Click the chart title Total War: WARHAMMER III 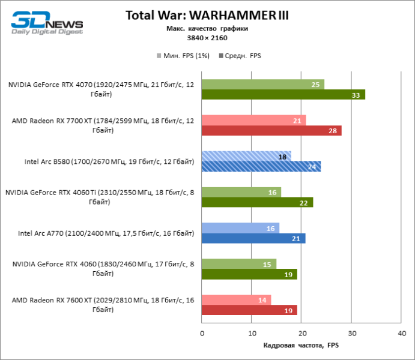point(207,16)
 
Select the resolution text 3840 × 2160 point(207,38)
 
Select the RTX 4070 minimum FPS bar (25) point(263,85)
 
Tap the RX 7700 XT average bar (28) point(271,131)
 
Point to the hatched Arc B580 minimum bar point(246,156)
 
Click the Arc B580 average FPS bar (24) point(261,166)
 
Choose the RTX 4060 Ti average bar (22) point(257,202)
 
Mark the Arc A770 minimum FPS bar point(240,228)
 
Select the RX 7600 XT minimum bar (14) point(237,300)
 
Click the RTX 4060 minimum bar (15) point(239,264)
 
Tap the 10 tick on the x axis point(252,332)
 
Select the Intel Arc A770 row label point(106,233)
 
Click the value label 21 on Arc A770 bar point(296,238)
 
